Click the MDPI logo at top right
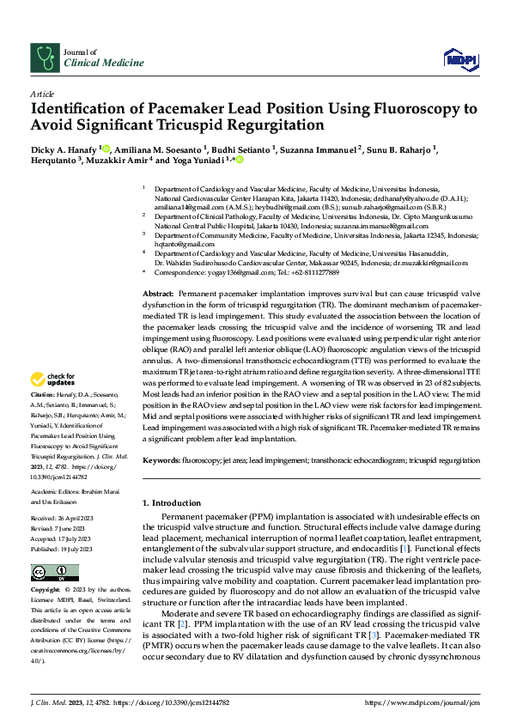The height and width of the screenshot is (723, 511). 459,58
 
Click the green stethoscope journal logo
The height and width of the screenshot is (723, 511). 44,58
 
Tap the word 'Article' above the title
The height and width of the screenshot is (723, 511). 42,94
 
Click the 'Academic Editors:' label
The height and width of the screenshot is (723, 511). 55,492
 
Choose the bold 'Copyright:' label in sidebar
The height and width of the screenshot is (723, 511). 46,592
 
